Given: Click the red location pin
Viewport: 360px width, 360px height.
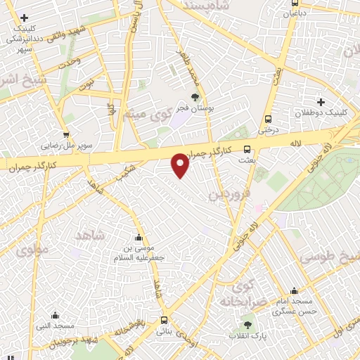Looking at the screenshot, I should (181, 165).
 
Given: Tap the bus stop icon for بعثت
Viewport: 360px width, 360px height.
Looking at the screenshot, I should (247, 149).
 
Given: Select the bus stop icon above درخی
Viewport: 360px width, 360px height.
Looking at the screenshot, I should (268, 120).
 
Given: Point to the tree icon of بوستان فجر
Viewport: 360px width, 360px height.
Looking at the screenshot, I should (195, 98).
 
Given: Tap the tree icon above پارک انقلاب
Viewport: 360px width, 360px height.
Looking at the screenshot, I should (247, 325).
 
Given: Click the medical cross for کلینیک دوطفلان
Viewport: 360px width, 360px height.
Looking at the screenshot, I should (321, 102).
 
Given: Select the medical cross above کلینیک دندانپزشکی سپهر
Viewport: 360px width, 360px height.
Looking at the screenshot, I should (25, 17).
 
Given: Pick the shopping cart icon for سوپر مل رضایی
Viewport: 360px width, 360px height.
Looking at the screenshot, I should (66, 135).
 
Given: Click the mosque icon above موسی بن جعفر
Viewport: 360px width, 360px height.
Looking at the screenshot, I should (139, 237).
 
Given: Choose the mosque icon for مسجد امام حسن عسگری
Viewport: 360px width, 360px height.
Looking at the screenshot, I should (294, 290).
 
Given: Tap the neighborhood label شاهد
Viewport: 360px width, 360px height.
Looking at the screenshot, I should (89, 235).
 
